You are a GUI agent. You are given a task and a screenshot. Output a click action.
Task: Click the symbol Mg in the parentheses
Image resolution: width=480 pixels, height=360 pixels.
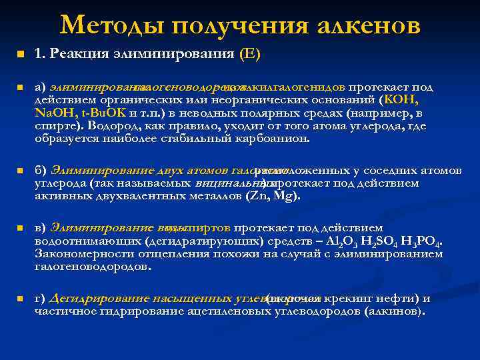tap(284, 196)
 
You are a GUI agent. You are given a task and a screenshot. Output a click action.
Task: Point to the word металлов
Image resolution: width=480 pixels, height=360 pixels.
tap(211, 196)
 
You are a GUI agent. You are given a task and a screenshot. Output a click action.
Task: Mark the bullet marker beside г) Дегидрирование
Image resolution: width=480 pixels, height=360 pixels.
tap(20, 298)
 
